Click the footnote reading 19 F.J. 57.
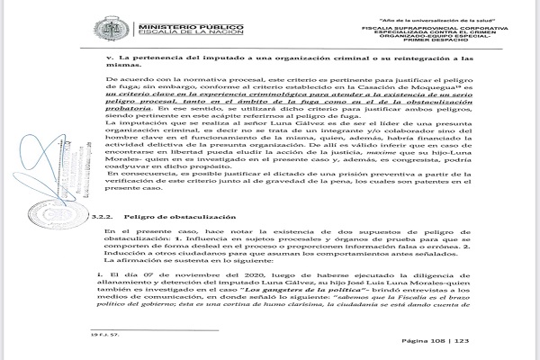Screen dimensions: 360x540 point(86,344)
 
